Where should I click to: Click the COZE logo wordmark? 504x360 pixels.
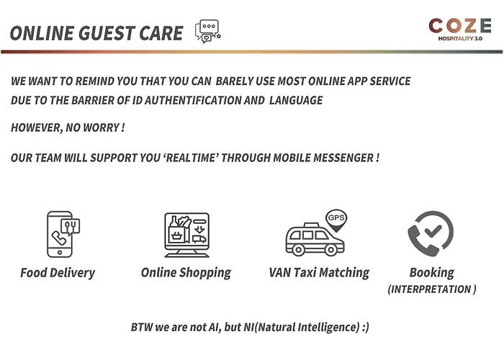pyautogui.click(x=460, y=25)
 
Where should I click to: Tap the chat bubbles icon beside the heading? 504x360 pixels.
pyautogui.click(x=208, y=32)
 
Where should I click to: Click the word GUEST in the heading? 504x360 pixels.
pyautogui.click(x=106, y=33)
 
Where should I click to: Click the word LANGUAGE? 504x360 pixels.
pyautogui.click(x=296, y=100)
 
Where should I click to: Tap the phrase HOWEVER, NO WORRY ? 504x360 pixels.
pyautogui.click(x=68, y=127)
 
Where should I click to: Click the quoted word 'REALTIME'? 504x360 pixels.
pyautogui.click(x=191, y=158)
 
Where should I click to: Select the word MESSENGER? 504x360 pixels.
pyautogui.click(x=343, y=158)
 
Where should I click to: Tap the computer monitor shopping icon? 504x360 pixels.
pyautogui.click(x=186, y=235)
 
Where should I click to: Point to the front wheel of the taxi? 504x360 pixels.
pyautogui.click(x=330, y=249)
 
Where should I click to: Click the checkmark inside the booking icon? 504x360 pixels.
pyautogui.click(x=433, y=230)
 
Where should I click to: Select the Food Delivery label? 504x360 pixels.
pyautogui.click(x=58, y=273)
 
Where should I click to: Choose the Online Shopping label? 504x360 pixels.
pyautogui.click(x=186, y=273)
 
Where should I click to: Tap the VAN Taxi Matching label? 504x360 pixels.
pyautogui.click(x=319, y=273)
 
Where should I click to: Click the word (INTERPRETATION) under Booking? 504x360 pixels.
pyautogui.click(x=432, y=289)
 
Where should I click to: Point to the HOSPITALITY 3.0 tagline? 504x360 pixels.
pyautogui.click(x=460, y=39)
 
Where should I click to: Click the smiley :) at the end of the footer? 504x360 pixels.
pyautogui.click(x=366, y=327)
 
